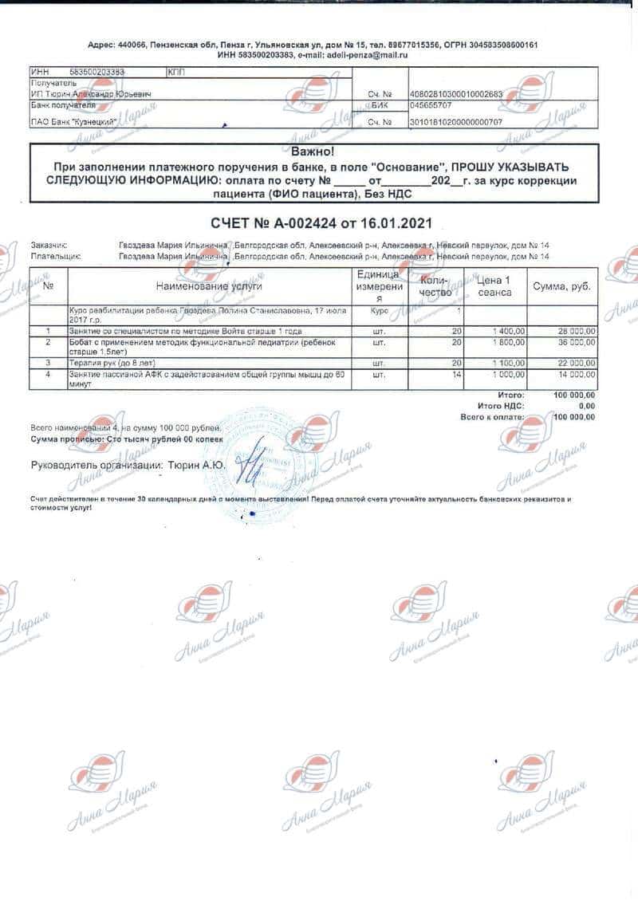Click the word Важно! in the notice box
(x=313, y=151)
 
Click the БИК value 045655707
(x=431, y=104)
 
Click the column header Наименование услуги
(x=209, y=285)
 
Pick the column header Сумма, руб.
(x=562, y=286)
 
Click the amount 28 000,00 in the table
(x=574, y=331)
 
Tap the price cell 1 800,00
(x=507, y=342)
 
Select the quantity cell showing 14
(x=456, y=374)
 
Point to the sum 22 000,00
(x=574, y=363)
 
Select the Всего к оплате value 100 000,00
(x=573, y=416)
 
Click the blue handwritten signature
(x=254, y=462)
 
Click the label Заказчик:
(x=49, y=245)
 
